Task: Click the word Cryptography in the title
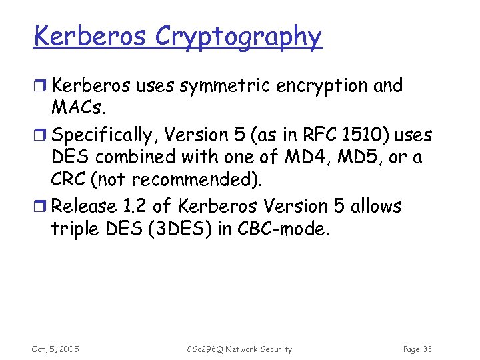coord(238,37)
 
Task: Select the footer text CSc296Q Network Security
coord(239,349)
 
